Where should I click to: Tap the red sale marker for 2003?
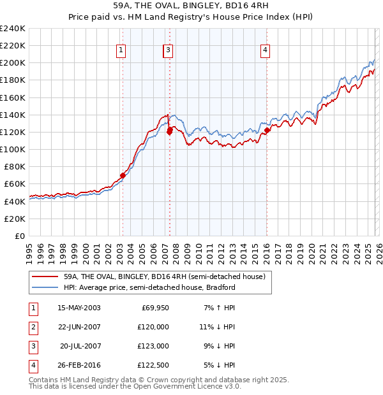(123, 175)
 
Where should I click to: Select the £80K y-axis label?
(14, 166)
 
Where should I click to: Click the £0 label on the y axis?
(19, 236)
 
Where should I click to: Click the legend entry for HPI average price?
(149, 287)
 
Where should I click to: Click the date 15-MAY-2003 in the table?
(79, 308)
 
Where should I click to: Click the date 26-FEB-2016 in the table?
(79, 365)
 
